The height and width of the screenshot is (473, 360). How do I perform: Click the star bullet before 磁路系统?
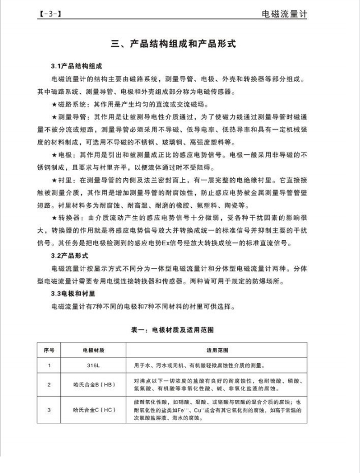point(54,106)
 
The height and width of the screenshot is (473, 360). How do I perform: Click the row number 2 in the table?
point(49,385)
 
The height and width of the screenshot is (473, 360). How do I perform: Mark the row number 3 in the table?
point(49,409)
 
